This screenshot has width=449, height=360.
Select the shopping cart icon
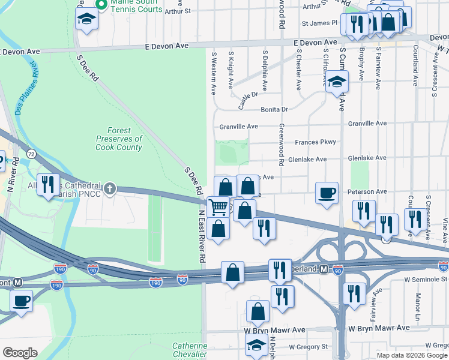tap(218, 207)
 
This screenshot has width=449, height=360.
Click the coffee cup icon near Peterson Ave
tap(327, 193)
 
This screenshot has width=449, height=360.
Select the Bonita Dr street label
tap(274, 110)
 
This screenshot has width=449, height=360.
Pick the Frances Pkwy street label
tap(315, 142)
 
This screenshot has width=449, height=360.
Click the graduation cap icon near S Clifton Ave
tap(337, 81)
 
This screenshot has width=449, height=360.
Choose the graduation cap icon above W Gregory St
tap(256, 345)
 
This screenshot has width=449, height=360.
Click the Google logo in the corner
tap(20, 353)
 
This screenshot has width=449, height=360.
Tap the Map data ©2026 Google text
tap(412, 355)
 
